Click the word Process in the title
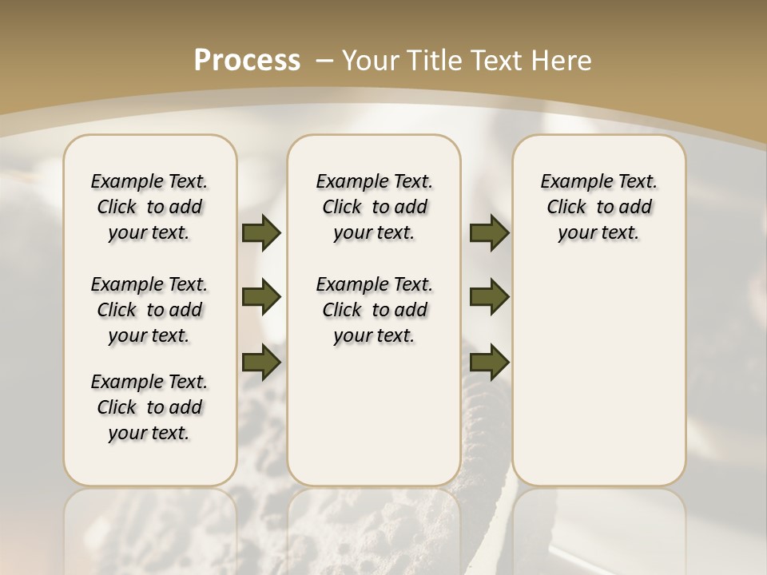[x=247, y=60]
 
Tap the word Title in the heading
[x=435, y=60]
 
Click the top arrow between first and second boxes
[x=261, y=233]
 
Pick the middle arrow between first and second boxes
[x=261, y=298]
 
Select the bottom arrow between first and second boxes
[x=261, y=362]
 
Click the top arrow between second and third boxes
[x=489, y=233]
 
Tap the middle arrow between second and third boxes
[x=489, y=298]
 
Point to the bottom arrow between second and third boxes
[x=489, y=362]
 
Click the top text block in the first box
[x=149, y=207]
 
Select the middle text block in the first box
[x=149, y=310]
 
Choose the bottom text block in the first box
[x=149, y=407]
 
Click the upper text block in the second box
[x=375, y=207]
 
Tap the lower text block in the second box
[x=375, y=310]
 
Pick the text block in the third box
[x=599, y=207]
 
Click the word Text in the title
[x=499, y=60]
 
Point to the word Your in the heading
[x=372, y=60]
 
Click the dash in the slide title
[x=324, y=61]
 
